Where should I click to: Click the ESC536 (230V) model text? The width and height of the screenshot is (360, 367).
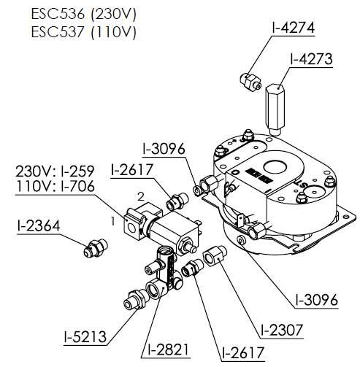83,14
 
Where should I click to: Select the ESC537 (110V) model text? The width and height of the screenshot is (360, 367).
83,31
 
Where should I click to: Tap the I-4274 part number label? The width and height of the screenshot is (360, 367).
294,28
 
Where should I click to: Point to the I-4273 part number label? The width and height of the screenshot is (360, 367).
311,59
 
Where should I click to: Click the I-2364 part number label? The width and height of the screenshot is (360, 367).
39,225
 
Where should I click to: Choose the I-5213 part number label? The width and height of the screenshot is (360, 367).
85,336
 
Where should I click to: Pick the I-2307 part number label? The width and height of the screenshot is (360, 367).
282,330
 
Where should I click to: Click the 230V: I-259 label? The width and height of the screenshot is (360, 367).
55,171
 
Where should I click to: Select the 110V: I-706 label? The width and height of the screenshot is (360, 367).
55,186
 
